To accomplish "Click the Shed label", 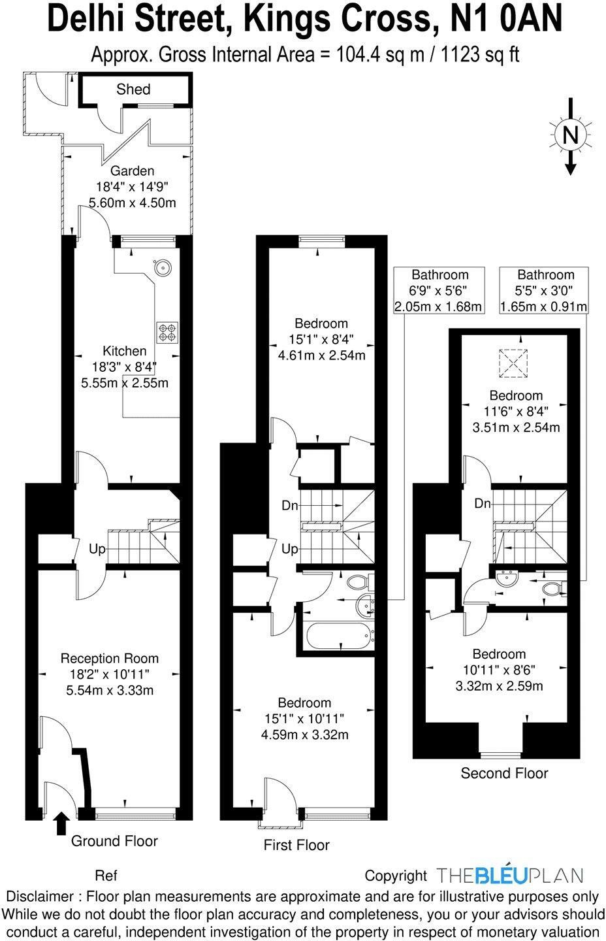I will (x=133, y=90).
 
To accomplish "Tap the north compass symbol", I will (x=571, y=135).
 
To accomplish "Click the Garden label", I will (x=132, y=171).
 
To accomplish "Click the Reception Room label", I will (x=109, y=658).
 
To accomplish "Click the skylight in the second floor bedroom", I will (x=513, y=363).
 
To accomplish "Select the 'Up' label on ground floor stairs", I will (x=97, y=550).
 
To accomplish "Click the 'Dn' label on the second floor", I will (x=483, y=504).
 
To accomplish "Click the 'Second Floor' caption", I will (x=504, y=774).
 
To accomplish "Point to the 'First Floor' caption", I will (x=296, y=845).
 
